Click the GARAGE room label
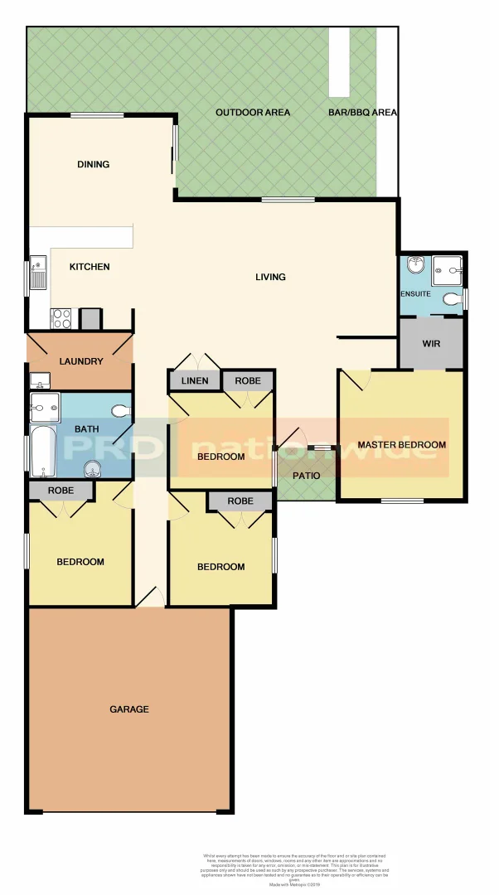[x=129, y=709]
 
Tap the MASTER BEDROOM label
[x=401, y=445]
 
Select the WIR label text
[x=431, y=343]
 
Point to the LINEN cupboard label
[x=194, y=381]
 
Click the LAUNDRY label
[x=81, y=361]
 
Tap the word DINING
[x=94, y=164]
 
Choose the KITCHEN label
[x=90, y=267]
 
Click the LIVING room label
[x=270, y=277]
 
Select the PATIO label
[x=306, y=475]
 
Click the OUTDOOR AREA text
[x=253, y=113]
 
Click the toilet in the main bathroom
[x=121, y=409]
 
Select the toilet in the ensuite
[x=451, y=298]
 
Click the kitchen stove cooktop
[x=62, y=318]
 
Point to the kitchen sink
[x=38, y=273]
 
